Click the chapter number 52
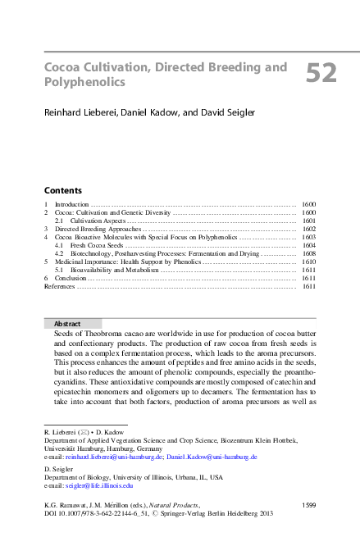click(321, 75)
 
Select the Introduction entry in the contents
click(71, 203)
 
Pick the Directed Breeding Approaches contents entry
click(98, 229)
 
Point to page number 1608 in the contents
click(308, 254)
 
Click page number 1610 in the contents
click(308, 262)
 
